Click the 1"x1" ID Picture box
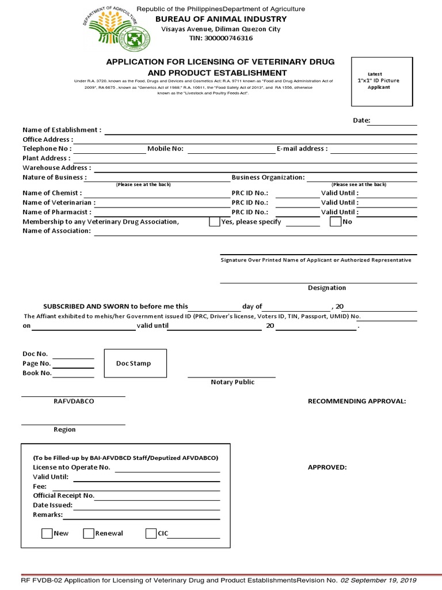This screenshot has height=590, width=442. click(382, 81)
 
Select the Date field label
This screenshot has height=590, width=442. click(361, 120)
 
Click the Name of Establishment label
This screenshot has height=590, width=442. click(62, 130)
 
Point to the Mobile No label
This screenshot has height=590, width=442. click(165, 149)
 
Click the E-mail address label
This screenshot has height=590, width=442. click(302, 149)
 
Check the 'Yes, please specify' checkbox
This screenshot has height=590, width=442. click(214, 222)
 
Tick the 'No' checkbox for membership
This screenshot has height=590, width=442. click(335, 222)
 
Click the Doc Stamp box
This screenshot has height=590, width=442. click(135, 364)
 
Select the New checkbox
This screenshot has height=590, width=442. click(47, 534)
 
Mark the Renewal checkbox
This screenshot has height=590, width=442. click(89, 534)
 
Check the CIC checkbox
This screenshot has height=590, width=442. click(151, 534)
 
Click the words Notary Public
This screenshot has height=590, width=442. click(233, 382)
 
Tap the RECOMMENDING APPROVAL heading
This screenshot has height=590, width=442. click(357, 401)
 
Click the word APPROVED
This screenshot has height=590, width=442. click(327, 467)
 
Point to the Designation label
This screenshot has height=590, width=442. click(327, 288)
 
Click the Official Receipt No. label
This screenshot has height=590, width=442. click(63, 496)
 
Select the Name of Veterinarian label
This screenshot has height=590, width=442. click(59, 203)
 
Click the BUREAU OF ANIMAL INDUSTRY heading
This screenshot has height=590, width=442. click(221, 19)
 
